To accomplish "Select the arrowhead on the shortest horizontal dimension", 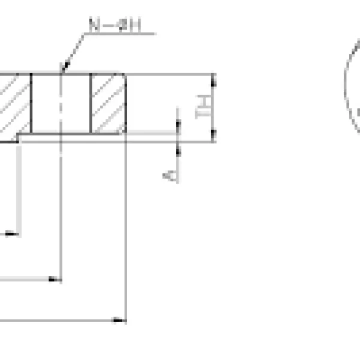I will tap(16, 233).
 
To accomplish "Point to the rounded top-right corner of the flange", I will tap(124, 77).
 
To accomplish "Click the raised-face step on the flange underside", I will tap(19, 137).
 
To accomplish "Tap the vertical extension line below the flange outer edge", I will tap(125, 228).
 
